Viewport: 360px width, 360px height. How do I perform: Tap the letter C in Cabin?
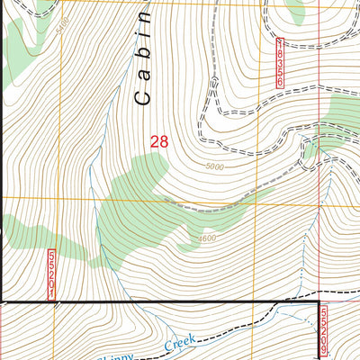click(143, 98)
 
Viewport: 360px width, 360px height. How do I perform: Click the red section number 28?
click(159, 141)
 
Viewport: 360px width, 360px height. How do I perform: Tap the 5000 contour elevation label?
click(214, 167)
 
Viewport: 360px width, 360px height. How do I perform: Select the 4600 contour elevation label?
click(208, 238)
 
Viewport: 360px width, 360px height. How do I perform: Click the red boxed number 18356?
click(280, 63)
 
